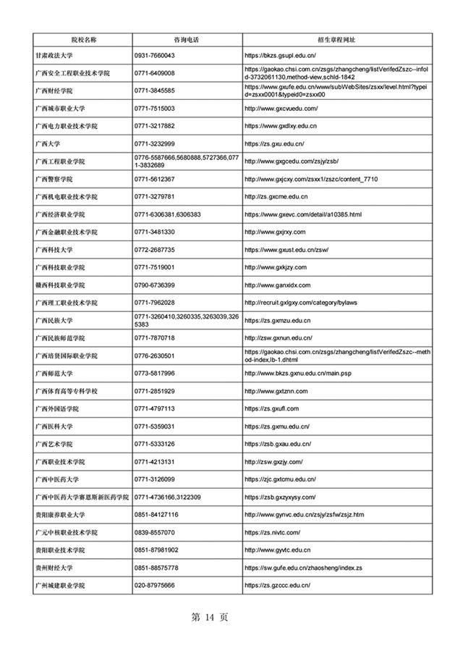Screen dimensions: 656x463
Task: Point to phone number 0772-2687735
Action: coord(155,250)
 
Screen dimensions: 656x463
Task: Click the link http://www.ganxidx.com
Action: coord(278,285)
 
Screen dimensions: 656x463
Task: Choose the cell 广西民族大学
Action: coord(59,320)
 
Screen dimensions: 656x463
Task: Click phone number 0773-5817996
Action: coord(155,373)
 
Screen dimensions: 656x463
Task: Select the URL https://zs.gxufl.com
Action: coord(271,408)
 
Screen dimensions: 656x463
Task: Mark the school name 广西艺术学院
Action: coord(59,444)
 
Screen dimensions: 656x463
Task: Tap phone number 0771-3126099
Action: coord(155,479)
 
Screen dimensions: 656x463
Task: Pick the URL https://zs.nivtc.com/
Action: coord(273,532)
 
